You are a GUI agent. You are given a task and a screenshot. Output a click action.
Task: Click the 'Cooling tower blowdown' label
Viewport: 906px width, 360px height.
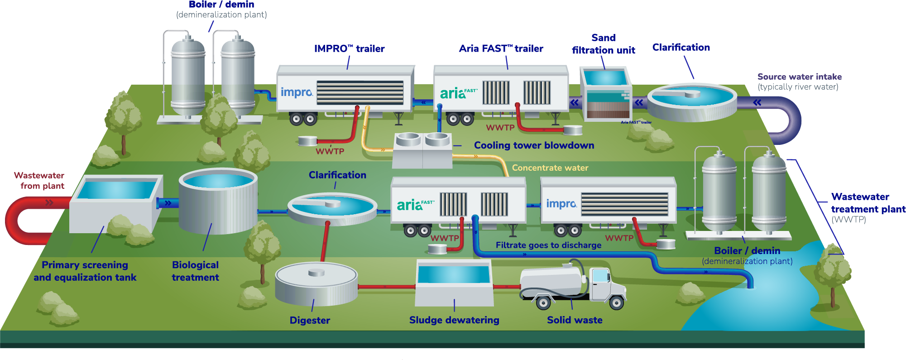(x=534, y=145)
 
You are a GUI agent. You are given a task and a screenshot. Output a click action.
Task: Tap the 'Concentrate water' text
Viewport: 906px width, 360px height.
(x=550, y=168)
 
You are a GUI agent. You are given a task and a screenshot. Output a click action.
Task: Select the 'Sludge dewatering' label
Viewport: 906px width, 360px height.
(x=454, y=320)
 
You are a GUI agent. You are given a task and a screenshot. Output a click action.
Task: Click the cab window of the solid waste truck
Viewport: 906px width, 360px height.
(x=601, y=275)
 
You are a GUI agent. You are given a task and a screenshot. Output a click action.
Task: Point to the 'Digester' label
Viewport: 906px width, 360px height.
(x=310, y=321)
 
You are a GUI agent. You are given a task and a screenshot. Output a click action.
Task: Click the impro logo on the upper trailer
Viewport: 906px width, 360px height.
(x=297, y=92)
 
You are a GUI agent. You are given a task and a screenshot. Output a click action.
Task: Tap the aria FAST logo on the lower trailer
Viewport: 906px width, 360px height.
(x=415, y=205)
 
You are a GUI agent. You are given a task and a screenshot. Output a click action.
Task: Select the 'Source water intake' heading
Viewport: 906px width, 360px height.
(x=799, y=77)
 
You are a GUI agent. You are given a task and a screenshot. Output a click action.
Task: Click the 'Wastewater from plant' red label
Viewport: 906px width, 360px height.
(x=40, y=181)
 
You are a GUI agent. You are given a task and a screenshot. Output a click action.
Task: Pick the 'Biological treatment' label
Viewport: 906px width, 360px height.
(x=195, y=271)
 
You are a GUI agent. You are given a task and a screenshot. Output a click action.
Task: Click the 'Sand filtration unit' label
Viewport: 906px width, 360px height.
(x=603, y=44)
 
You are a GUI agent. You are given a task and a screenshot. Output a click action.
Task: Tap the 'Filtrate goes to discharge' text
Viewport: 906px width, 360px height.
(x=548, y=245)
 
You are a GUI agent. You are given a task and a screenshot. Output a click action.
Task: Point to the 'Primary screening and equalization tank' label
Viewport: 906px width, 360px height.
(x=85, y=271)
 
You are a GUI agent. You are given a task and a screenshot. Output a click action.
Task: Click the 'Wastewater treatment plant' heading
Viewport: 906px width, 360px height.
(x=868, y=203)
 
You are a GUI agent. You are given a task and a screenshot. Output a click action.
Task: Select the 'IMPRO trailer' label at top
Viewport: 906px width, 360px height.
(x=349, y=49)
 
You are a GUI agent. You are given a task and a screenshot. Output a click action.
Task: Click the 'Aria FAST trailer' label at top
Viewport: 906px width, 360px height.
(x=501, y=49)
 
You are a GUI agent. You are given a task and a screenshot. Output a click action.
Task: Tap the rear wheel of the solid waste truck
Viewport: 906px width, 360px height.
(x=543, y=302)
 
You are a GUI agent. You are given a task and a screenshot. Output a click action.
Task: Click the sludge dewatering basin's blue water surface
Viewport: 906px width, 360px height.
(x=454, y=274)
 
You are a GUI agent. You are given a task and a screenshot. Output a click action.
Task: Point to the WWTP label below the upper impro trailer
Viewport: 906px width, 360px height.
(x=330, y=152)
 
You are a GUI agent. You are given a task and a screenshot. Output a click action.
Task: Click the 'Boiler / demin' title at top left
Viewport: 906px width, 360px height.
(x=221, y=5)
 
